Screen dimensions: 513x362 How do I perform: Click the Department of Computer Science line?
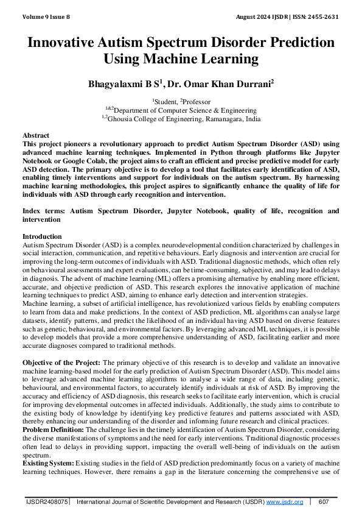[x=181, y=110]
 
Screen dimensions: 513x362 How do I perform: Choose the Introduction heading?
[x=42, y=236]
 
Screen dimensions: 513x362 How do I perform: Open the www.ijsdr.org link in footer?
[x=284, y=501]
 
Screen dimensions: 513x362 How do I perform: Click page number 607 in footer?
[x=324, y=501]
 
